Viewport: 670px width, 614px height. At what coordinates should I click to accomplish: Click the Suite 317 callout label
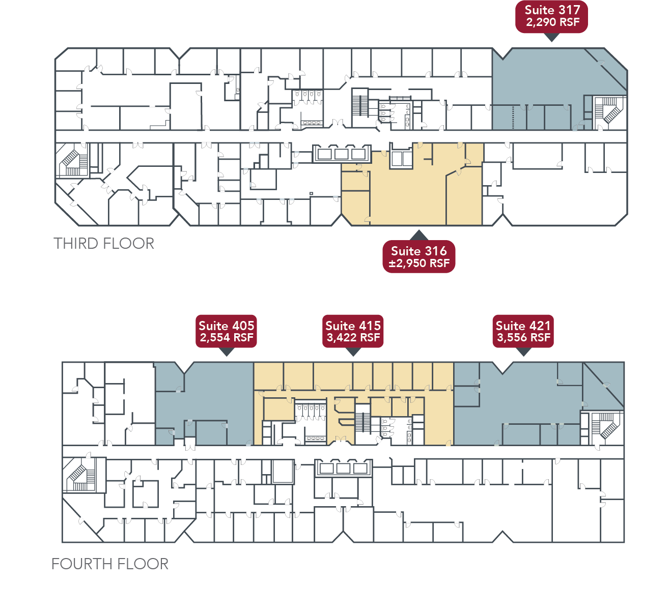(x=552, y=16)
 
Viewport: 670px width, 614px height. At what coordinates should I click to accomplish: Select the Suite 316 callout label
(x=418, y=256)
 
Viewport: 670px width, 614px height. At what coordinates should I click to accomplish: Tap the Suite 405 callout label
(x=226, y=331)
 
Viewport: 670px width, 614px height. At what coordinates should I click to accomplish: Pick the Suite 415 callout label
(x=353, y=331)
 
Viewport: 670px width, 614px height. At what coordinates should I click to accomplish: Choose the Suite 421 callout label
(x=523, y=331)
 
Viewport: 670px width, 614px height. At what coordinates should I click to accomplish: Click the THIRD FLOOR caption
(x=104, y=244)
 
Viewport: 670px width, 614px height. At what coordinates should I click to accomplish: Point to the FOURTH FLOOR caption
(x=110, y=564)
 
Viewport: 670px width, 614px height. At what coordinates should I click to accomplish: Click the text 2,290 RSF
(x=552, y=22)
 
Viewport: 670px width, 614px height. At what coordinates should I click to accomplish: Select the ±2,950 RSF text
(x=419, y=264)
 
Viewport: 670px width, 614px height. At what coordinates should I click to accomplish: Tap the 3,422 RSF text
(x=353, y=338)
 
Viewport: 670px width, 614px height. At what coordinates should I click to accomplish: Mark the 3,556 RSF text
(x=523, y=338)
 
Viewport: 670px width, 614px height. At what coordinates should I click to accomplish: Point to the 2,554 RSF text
(x=227, y=338)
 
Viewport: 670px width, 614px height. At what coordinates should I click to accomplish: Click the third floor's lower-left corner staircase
(x=72, y=160)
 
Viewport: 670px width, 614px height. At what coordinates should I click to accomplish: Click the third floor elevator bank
(x=341, y=153)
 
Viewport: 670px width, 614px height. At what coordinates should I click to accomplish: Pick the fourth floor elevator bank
(x=343, y=468)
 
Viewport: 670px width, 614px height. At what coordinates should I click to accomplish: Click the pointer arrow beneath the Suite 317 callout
(x=552, y=37)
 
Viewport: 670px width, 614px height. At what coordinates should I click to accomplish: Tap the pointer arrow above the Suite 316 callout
(x=418, y=235)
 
